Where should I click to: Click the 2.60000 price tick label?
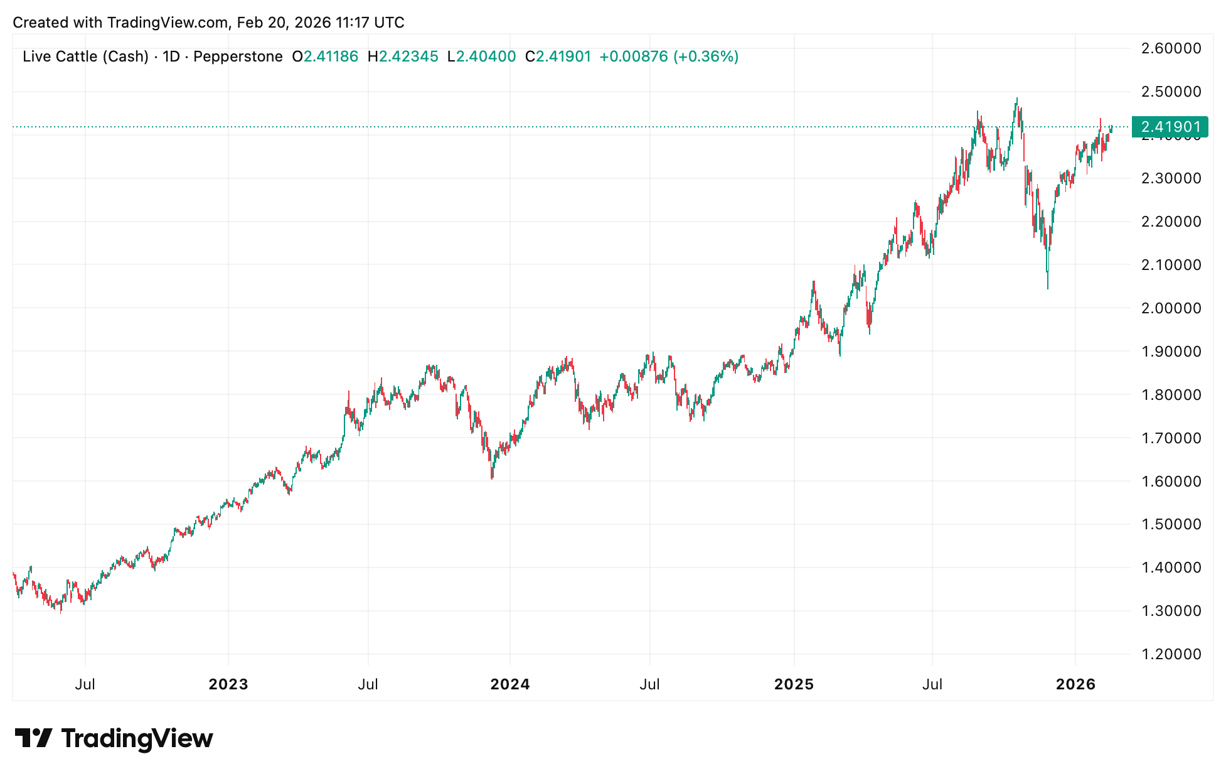click(1171, 48)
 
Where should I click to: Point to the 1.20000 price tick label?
click(1171, 654)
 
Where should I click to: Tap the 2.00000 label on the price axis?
click(1171, 308)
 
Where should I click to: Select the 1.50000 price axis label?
click(1171, 524)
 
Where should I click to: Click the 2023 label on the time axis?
click(228, 684)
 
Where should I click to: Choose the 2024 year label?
click(510, 684)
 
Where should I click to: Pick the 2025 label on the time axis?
click(794, 684)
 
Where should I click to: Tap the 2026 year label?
click(1075, 684)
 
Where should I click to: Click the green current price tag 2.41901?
click(1170, 127)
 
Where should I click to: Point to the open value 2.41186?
click(331, 57)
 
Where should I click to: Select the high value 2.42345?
click(408, 57)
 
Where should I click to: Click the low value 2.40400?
click(486, 57)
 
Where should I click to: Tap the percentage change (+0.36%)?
click(706, 57)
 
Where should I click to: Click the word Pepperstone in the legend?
click(238, 57)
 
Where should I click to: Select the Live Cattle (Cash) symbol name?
click(85, 57)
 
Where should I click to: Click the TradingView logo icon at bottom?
click(33, 738)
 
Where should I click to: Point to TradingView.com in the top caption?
click(168, 23)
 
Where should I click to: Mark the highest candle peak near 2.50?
click(1017, 99)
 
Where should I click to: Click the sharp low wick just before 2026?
click(1048, 288)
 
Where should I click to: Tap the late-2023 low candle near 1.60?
click(492, 478)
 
